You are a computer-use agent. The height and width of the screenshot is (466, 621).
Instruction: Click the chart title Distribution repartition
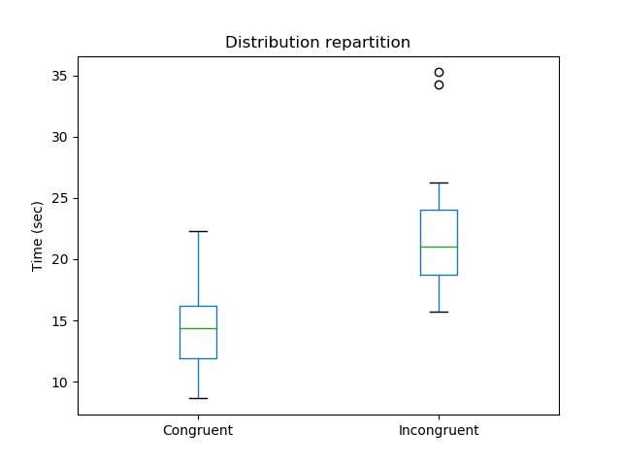pyautogui.click(x=317, y=43)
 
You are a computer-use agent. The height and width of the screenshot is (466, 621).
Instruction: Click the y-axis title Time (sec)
pyautogui.click(x=38, y=236)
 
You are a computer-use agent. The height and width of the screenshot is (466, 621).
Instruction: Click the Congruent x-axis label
pyautogui.click(x=198, y=430)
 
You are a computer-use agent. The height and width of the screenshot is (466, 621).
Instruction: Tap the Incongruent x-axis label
pyautogui.click(x=439, y=430)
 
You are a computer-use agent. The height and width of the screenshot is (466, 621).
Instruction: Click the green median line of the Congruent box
pyautogui.click(x=198, y=328)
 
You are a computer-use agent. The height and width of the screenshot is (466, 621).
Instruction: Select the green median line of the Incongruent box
pyautogui.click(x=439, y=247)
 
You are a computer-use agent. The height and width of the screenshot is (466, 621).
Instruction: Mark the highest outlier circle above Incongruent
pyautogui.click(x=439, y=72)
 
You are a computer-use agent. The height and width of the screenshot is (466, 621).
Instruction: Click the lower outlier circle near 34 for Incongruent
pyautogui.click(x=439, y=84)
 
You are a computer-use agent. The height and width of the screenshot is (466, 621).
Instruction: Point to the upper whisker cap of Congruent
pyautogui.click(x=198, y=231)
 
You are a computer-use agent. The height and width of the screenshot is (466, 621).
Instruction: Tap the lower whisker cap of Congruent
pyautogui.click(x=198, y=398)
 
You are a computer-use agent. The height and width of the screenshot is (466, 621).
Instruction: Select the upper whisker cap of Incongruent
pyautogui.click(x=439, y=183)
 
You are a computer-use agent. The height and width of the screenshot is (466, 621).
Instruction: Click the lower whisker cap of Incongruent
pyautogui.click(x=439, y=312)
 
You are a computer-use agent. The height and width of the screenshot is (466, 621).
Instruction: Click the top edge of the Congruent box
pyautogui.click(x=198, y=306)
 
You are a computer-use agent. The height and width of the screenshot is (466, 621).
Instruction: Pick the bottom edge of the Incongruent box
pyautogui.click(x=439, y=275)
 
